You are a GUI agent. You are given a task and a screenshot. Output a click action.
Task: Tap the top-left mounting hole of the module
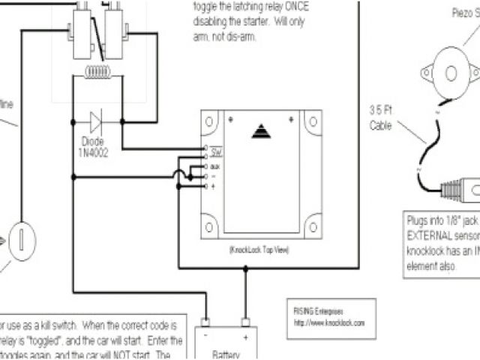[x=211, y=121]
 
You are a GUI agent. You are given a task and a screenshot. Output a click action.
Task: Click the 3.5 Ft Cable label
[x=381, y=119]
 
